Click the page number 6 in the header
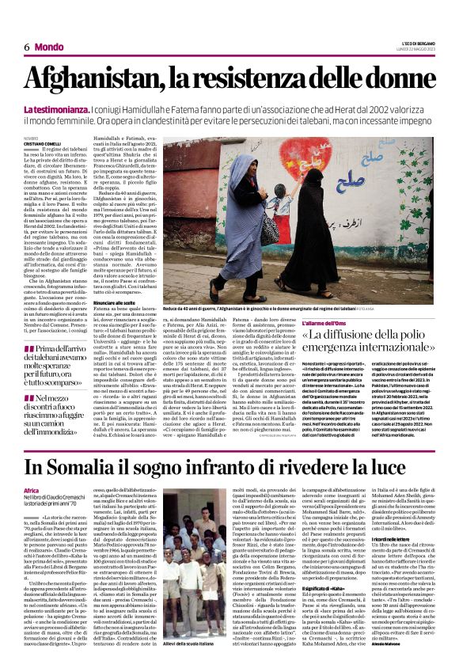click(x=27, y=47)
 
